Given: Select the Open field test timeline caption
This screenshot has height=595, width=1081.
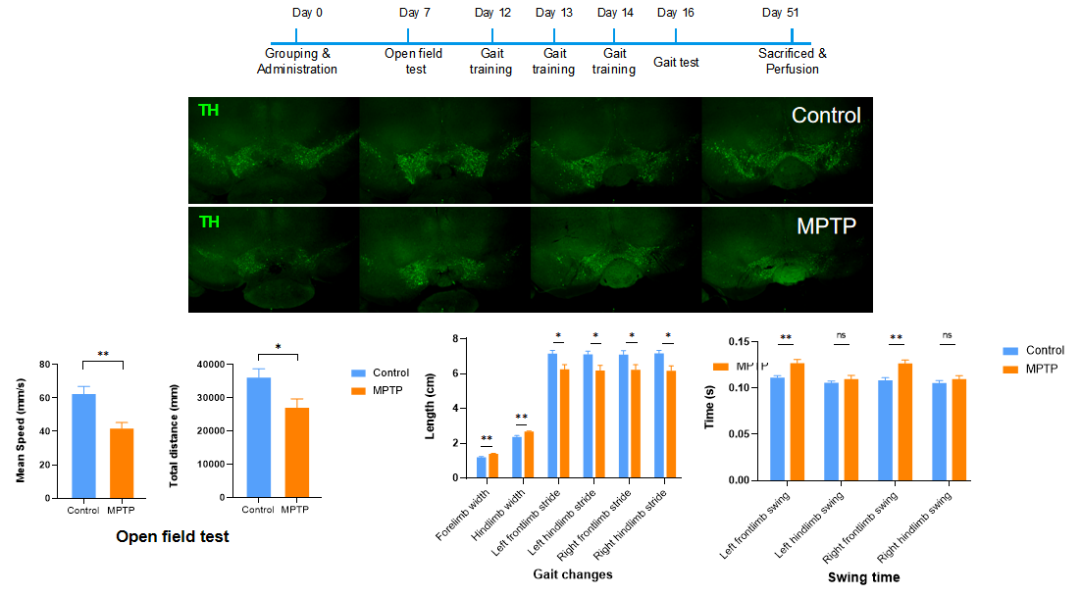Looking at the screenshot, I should point(415,61).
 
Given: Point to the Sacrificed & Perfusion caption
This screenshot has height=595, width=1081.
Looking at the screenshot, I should point(792,61).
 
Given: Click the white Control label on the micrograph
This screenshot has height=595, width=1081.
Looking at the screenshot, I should point(826,116).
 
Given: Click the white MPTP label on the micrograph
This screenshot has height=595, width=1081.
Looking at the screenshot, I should point(827,226).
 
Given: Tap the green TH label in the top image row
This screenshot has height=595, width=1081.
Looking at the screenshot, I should point(209,111).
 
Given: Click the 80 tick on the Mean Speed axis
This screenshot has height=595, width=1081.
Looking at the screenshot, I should point(44,365).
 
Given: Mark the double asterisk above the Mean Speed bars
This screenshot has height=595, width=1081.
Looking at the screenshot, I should point(102,354).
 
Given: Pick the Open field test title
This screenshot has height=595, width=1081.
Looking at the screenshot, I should point(173,536).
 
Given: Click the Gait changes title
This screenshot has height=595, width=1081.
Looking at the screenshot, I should point(573,574).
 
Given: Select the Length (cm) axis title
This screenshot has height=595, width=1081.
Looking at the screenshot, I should point(431,407).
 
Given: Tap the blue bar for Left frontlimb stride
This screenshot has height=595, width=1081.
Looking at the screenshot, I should point(552,416).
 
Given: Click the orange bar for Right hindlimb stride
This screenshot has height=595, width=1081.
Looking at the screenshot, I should point(671,423).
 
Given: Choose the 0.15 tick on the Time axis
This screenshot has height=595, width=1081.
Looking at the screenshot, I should point(745,342).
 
